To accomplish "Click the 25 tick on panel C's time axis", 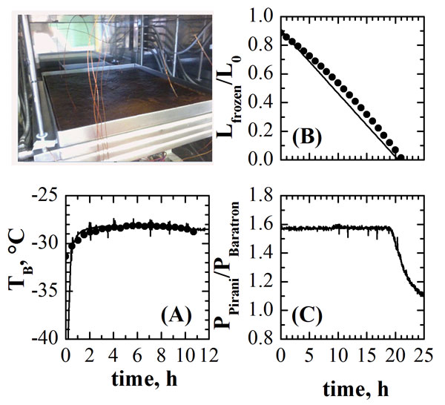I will pos(423,354).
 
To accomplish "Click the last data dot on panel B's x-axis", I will pos(401,157).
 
